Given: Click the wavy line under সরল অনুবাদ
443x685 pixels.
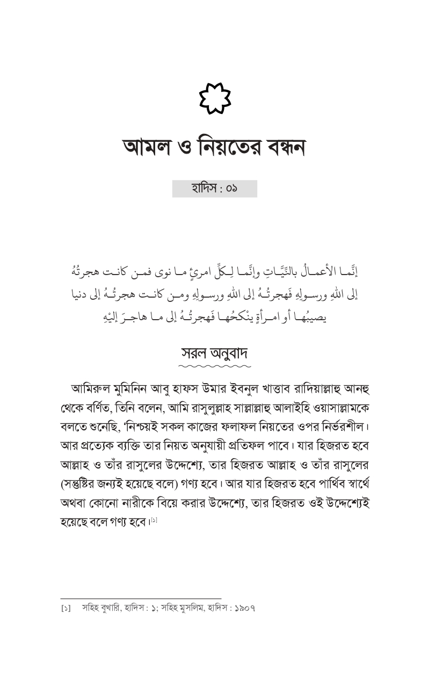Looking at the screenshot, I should coord(214,367).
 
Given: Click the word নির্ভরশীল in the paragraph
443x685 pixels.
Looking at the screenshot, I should coord(342,427).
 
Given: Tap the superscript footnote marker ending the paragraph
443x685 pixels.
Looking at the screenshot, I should coord(154,520).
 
